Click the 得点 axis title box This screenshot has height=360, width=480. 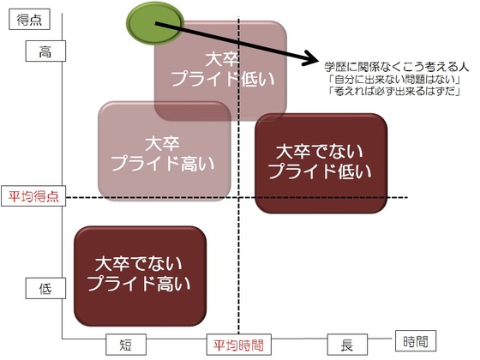29,19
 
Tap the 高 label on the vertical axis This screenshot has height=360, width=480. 45,51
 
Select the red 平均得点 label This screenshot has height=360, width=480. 33,196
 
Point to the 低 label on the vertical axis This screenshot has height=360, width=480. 45,288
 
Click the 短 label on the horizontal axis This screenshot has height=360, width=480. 126,345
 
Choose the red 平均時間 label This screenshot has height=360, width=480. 239,345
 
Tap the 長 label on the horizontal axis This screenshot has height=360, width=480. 347,345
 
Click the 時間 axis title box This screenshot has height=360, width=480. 416,341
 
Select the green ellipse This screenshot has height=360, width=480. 155,23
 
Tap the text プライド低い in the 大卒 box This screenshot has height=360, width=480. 223,79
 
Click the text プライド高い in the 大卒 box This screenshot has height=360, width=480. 163,163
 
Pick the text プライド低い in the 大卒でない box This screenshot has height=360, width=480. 320,171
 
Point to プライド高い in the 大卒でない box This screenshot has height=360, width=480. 139,283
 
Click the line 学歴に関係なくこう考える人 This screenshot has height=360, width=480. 396,67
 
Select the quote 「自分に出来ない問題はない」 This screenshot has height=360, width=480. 395,80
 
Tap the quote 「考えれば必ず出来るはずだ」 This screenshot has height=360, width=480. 395,91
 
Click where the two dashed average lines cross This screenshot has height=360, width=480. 239,197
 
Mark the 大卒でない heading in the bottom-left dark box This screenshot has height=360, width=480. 139,264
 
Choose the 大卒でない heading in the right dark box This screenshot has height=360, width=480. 320,151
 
